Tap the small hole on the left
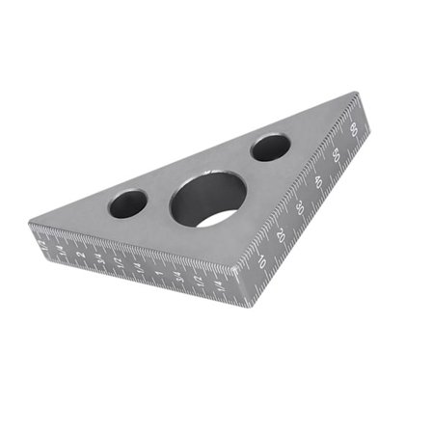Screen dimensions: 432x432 (127, 203)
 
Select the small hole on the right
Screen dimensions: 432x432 (271, 147)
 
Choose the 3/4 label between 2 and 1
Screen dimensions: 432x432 (100, 257)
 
